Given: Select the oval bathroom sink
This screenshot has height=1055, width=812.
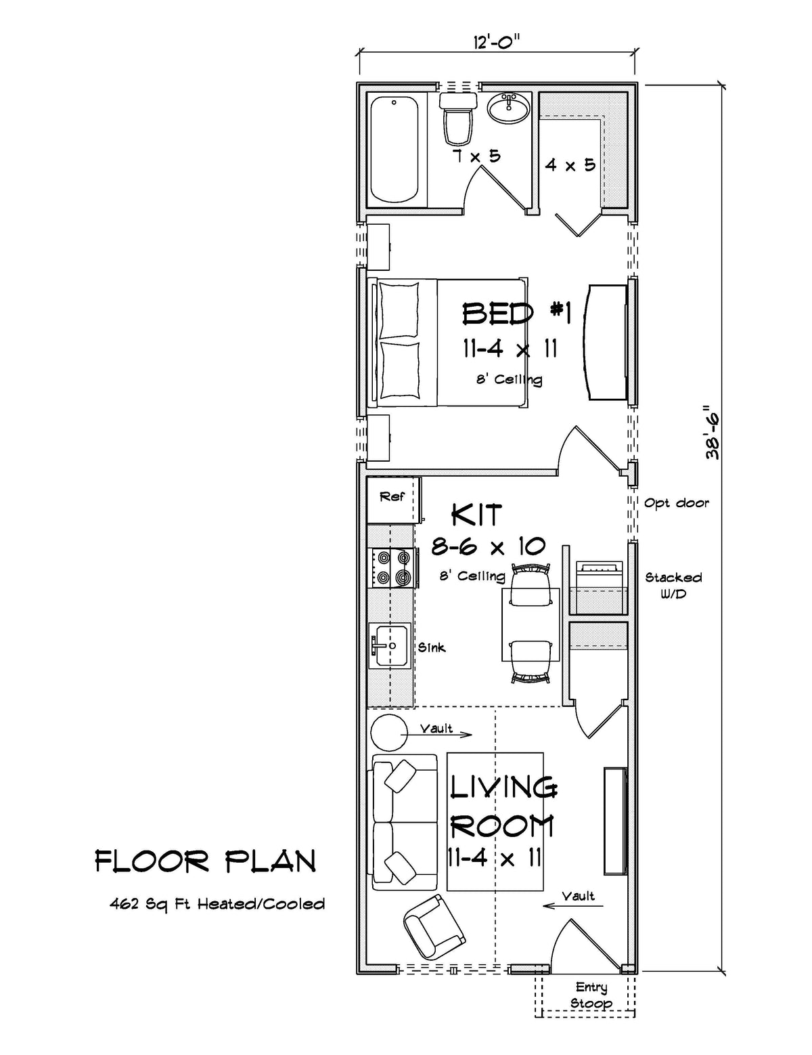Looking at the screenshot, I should click(509, 108).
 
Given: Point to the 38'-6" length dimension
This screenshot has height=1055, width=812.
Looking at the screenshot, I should click(713, 433).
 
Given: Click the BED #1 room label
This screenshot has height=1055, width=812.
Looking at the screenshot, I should click(517, 314).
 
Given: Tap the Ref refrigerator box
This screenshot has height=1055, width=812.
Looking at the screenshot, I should click(392, 498).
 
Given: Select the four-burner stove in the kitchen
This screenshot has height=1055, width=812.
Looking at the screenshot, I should click(392, 567).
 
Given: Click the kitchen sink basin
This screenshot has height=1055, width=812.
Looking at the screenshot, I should click(388, 646).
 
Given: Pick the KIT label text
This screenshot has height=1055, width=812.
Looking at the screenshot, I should click(476, 515).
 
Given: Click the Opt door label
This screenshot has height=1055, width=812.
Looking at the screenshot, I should click(676, 503).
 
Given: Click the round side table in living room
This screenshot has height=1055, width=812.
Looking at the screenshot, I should click(389, 733).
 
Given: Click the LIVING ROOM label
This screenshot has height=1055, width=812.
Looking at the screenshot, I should click(503, 806).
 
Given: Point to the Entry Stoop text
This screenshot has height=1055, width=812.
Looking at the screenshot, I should click(591, 995).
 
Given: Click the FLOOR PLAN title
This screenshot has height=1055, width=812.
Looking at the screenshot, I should click(205, 861).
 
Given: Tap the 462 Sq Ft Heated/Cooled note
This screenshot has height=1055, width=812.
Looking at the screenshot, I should click(217, 904).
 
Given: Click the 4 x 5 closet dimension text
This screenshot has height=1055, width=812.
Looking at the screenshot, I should click(570, 165).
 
